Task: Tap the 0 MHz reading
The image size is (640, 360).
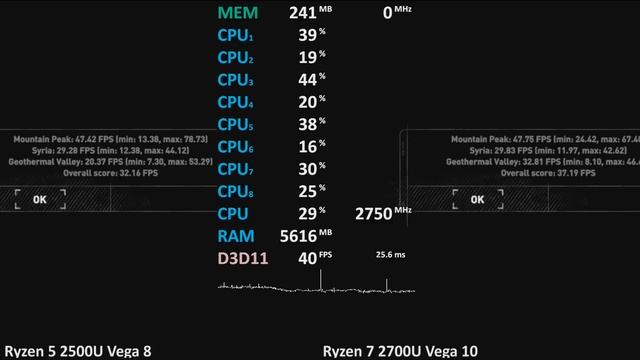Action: [395, 13]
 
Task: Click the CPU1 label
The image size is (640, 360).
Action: [235, 35]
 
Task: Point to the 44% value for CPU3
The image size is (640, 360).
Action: [307, 80]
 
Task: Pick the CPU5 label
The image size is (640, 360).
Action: [235, 125]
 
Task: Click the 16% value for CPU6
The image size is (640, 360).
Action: [307, 147]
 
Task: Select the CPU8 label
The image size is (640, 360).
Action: [235, 192]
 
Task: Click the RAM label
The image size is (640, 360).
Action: [235, 237]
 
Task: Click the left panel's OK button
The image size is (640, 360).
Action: [40, 199]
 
